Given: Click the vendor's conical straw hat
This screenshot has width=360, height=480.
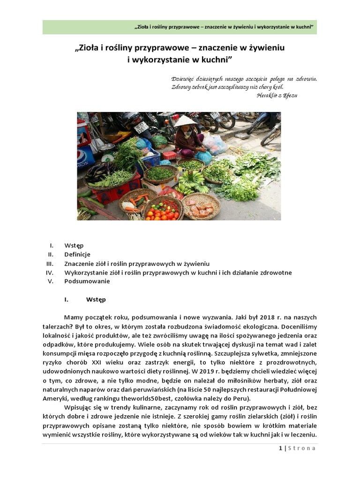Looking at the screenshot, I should (x=184, y=121).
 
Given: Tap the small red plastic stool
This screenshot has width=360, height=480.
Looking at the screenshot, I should (x=169, y=155).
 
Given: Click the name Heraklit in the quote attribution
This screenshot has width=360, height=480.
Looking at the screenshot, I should (x=269, y=95).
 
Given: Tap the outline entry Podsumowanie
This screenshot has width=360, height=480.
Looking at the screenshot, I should (x=87, y=281).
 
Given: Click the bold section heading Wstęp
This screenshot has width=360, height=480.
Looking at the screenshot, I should (x=96, y=299).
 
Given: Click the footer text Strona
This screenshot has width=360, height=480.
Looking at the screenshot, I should (x=302, y=448).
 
